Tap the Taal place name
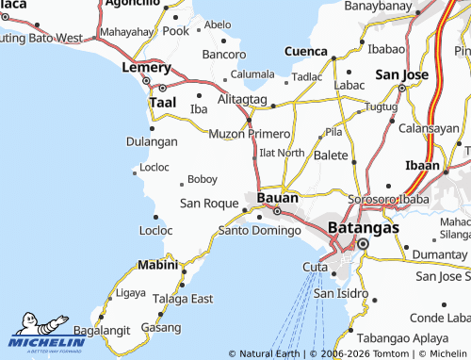[162, 101]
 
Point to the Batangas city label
[364, 227]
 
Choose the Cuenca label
[306, 51]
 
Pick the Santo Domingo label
[259, 230]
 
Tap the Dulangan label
[152, 141]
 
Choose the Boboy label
[203, 179]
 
